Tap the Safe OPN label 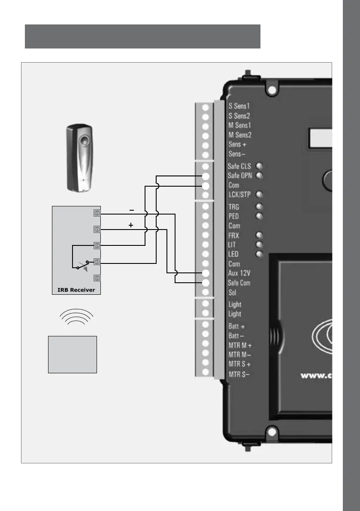pyautogui.click(x=239, y=175)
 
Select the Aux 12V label pyautogui.click(x=239, y=273)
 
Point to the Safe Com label pyautogui.click(x=239, y=283)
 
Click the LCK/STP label pyautogui.click(x=239, y=194)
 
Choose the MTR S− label pyautogui.click(x=239, y=374)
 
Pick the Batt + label pyautogui.click(x=237, y=327)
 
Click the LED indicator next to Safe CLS pyautogui.click(x=259, y=166)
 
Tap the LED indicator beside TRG pyautogui.click(x=259, y=206)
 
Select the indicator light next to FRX pyautogui.click(x=259, y=235)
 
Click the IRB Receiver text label pyautogui.click(x=76, y=290)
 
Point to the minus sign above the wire pyautogui.click(x=131, y=210)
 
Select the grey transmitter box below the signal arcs pyautogui.click(x=73, y=354)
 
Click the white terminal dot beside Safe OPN pyautogui.click(x=206, y=176)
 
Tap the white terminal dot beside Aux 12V pyautogui.click(x=206, y=273)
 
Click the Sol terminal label pyautogui.click(x=233, y=293)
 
